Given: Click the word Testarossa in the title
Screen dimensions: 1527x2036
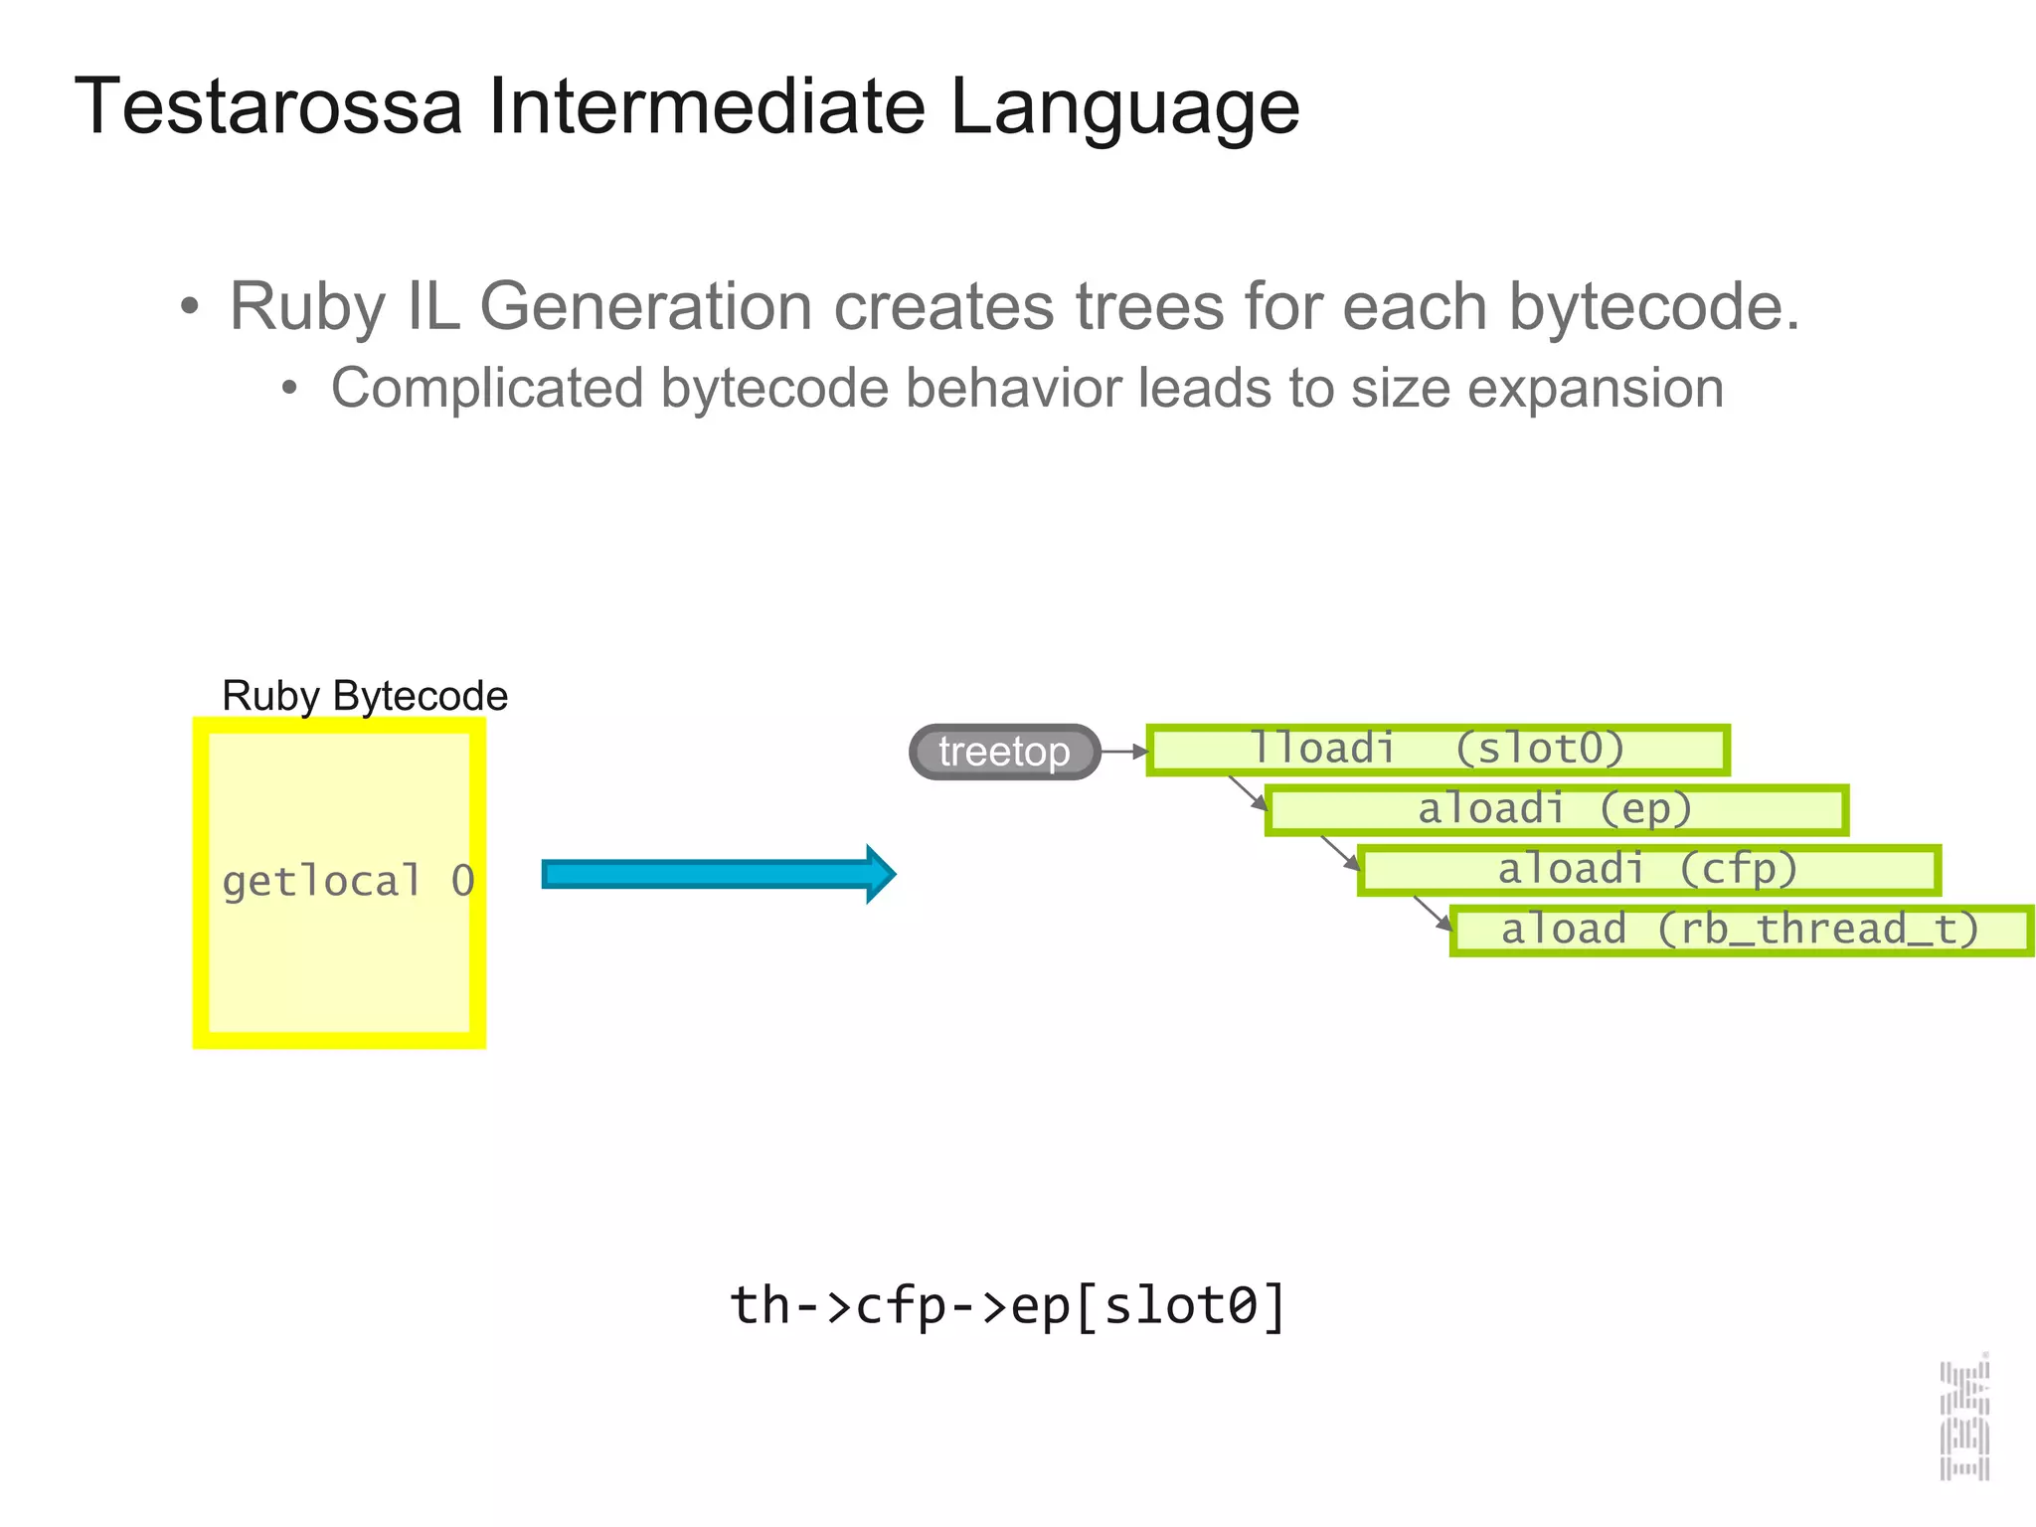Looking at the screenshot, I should point(268,106).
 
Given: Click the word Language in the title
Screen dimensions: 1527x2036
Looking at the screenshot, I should point(1124,106).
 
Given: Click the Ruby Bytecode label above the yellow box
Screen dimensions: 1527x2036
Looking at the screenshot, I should point(364,695).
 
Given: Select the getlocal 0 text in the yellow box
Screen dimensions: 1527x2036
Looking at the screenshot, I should point(348,881).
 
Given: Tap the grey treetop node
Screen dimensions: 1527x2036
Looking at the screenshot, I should point(1004,752).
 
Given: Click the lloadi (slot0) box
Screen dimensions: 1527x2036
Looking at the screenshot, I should point(1438,750).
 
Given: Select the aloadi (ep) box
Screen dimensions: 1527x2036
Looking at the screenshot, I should point(1556,809).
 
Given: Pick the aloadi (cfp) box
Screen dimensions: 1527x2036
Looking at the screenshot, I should point(1648,870).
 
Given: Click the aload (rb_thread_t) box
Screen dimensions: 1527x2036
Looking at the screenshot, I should point(1740,930).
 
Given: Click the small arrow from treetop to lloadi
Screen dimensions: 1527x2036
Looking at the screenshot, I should point(1124,752).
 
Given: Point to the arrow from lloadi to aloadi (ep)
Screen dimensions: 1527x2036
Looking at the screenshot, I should point(1248,792).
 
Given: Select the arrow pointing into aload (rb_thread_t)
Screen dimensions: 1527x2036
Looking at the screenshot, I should point(1433,913).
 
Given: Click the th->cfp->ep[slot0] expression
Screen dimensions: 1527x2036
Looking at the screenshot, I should point(1008,1305).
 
